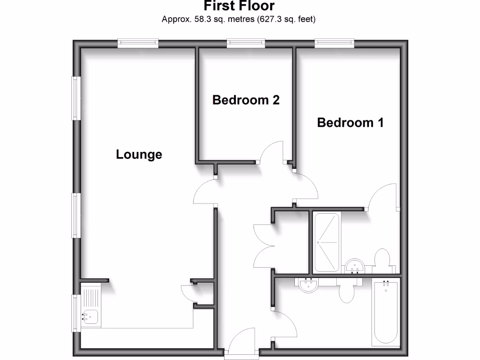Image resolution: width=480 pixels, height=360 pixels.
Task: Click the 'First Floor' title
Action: pos(239,6)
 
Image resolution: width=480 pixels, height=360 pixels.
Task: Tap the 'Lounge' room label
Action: pos(139,154)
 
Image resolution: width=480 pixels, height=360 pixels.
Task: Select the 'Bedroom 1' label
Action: pos(350,123)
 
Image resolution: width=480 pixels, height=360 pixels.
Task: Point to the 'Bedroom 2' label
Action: pos(246,100)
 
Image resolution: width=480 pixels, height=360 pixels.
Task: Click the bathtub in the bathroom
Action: pos(385,312)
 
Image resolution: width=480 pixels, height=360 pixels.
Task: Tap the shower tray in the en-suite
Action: pos(326,242)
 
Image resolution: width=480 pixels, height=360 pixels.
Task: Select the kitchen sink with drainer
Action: pos(90,307)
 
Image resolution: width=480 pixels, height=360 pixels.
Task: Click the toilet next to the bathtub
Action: pos(347,291)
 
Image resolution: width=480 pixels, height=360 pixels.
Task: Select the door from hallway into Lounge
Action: pos(205,193)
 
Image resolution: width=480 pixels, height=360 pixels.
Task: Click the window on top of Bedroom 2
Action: pos(246,43)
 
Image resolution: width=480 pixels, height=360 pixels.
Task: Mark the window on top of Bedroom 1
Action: pos(334,43)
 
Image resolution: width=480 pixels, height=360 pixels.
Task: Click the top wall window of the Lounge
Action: pos(138,43)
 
